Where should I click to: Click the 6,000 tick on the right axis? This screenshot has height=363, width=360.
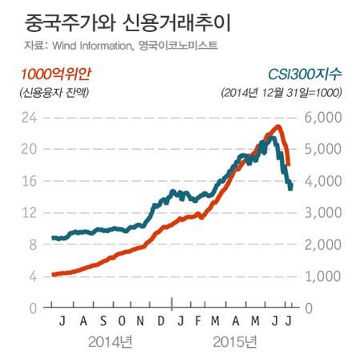325,117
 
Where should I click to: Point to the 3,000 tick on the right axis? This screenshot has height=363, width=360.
325,212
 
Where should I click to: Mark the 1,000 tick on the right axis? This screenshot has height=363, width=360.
325,276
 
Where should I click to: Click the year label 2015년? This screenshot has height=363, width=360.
237,345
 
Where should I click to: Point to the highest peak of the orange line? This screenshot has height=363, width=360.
277,126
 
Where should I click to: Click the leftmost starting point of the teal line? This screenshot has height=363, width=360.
52,238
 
